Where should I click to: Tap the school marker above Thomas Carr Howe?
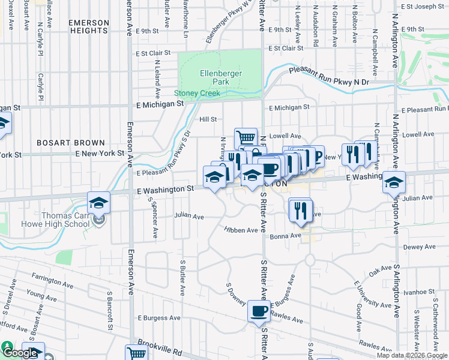[99, 202]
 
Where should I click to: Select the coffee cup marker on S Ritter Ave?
[259, 311]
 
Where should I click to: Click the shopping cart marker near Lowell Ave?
[246, 138]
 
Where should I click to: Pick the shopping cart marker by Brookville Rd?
[136, 353]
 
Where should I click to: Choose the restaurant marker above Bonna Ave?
[300, 209]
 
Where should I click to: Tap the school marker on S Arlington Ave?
[394, 182]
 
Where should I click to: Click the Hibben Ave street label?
[241, 230]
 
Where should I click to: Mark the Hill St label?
[208, 119]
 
